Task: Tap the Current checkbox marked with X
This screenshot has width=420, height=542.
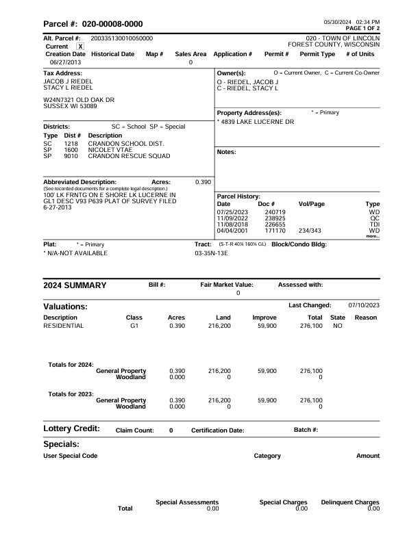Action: (80, 46)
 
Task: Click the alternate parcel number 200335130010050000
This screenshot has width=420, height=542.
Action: (121, 38)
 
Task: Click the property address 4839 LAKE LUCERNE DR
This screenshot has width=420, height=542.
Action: (257, 122)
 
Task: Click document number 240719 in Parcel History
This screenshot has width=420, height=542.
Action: (275, 213)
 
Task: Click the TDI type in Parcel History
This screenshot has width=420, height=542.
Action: (374, 225)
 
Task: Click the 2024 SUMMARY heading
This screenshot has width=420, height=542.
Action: (75, 285)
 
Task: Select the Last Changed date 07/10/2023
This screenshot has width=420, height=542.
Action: (364, 305)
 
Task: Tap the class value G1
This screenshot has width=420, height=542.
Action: (134, 326)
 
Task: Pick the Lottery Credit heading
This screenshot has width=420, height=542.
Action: (71, 428)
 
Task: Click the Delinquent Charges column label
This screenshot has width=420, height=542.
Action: (350, 502)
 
